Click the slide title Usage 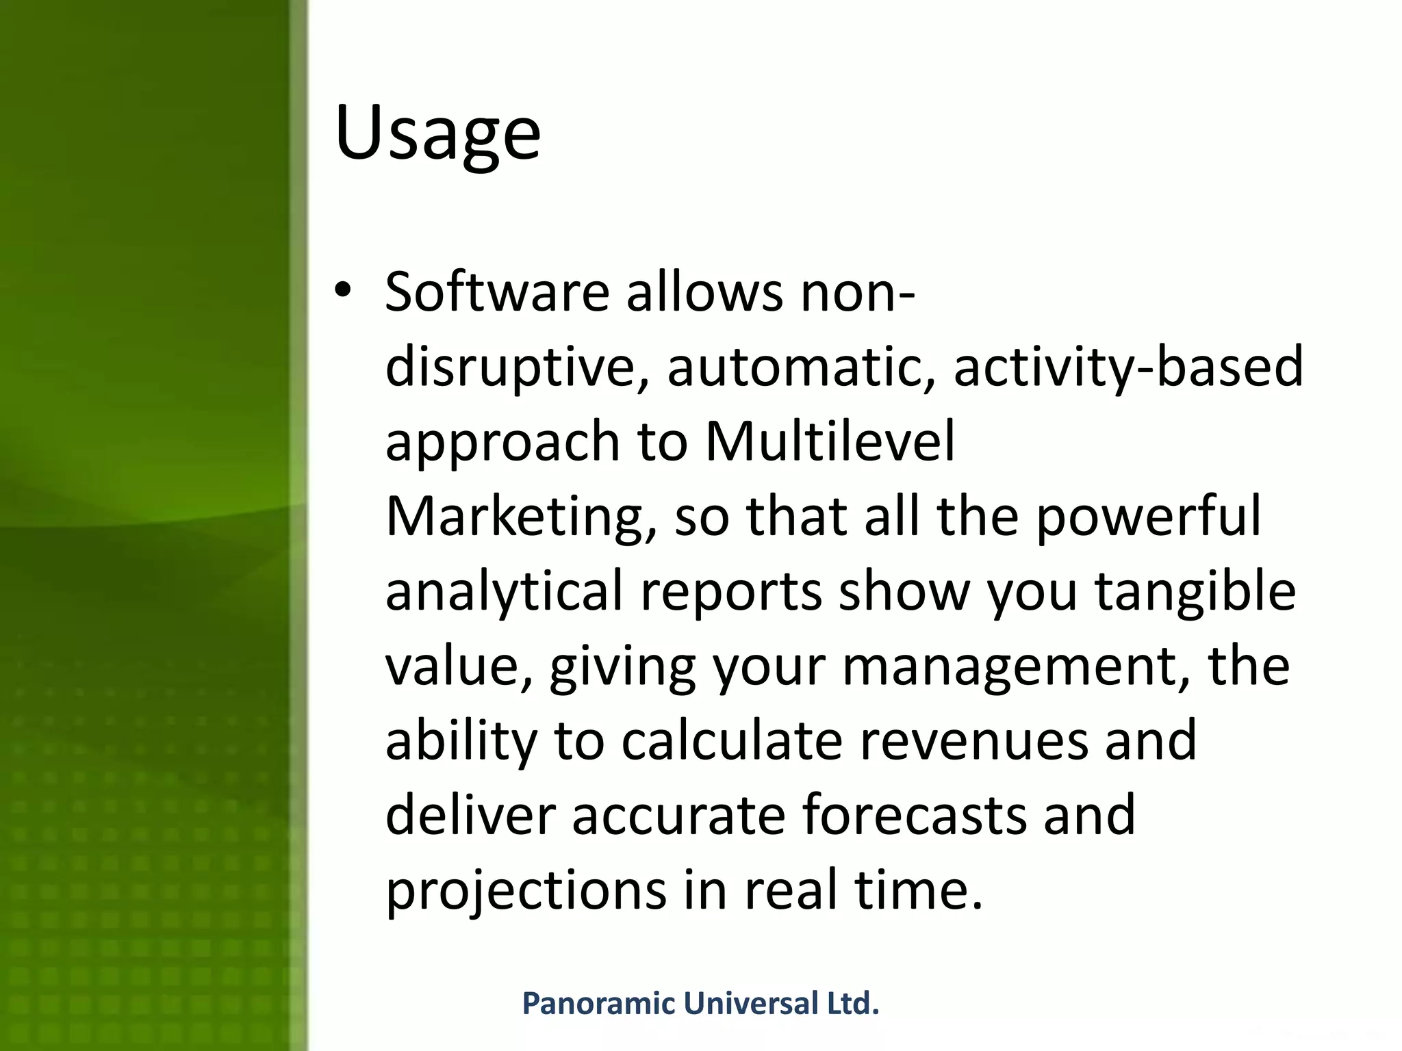click(437, 133)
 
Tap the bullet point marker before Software click(342, 291)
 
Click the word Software click(497, 292)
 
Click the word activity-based click(1128, 367)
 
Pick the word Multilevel click(830, 441)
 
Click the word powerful click(1148, 517)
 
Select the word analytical click(504, 591)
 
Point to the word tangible click(1195, 591)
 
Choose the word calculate click(731, 741)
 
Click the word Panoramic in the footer click(599, 1004)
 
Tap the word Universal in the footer click(751, 1004)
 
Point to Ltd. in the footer click(853, 1004)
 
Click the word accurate click(678, 816)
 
